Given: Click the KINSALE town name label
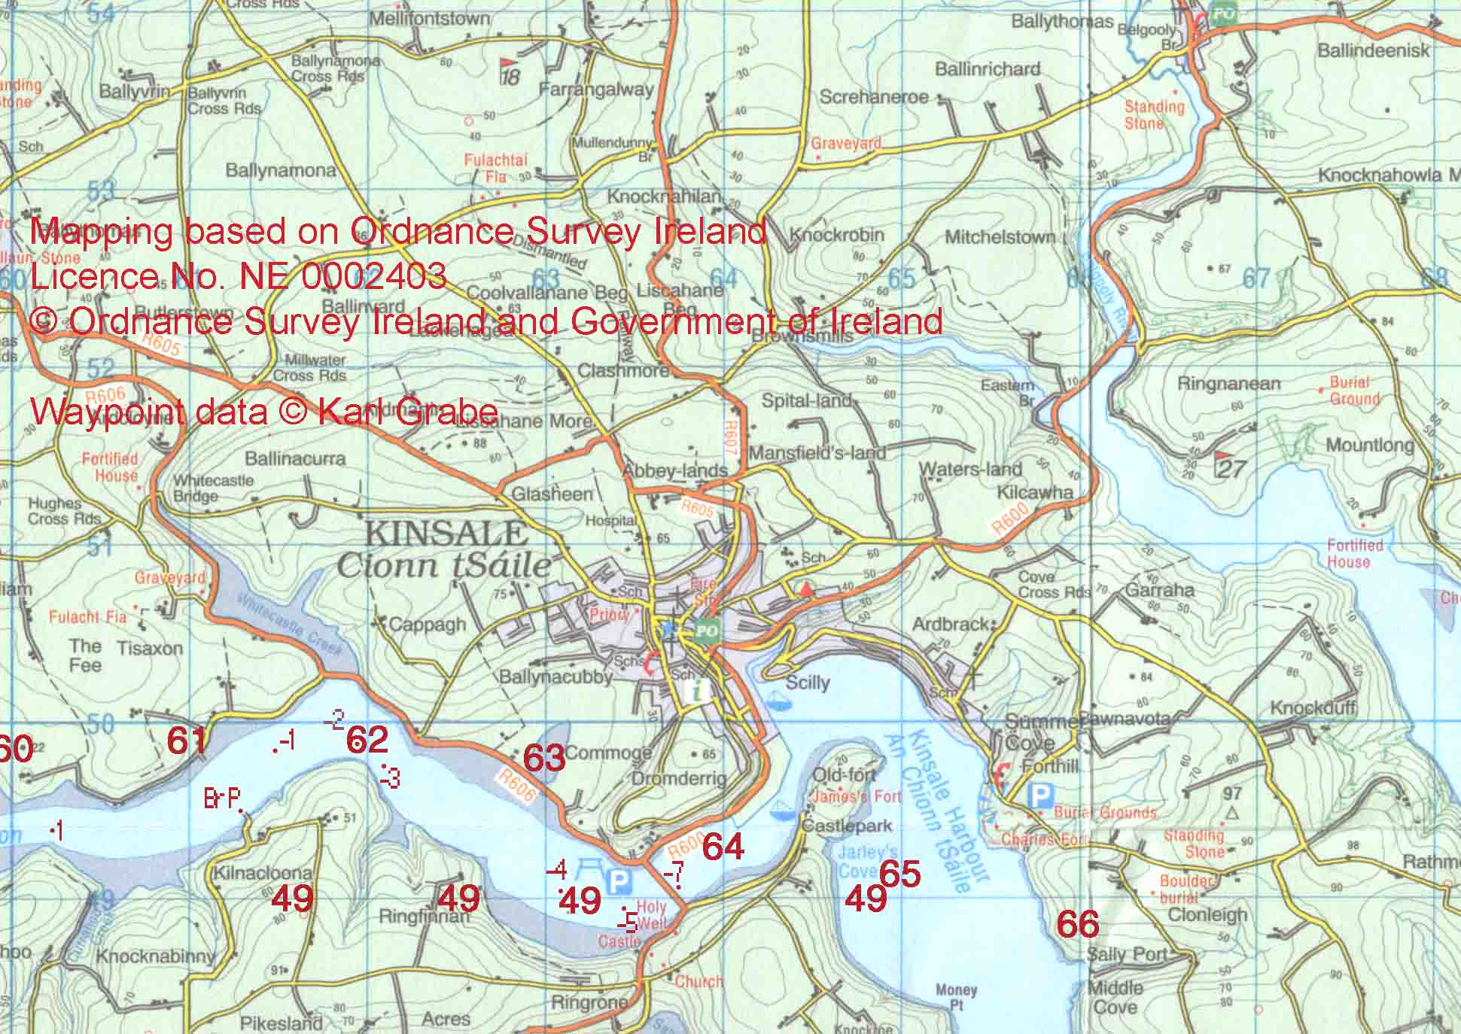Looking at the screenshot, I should pos(446,534).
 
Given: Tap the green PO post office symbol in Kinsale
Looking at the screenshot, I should pos(706,630).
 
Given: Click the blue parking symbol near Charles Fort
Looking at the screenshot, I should pos(1040,795).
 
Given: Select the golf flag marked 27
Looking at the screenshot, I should pos(1230,467).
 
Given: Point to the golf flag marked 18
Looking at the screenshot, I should pos(510,72).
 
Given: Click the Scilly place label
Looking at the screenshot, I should pos(807,683).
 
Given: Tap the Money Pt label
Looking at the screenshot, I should pos(956,998).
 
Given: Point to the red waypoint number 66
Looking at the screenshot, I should pos(1077,924).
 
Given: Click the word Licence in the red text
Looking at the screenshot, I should pos(90,276).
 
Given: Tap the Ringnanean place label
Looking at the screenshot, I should pos(1228,384).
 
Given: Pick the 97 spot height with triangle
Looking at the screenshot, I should pos(1232,802).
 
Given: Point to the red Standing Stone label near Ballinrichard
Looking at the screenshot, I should pos(1154,114).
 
